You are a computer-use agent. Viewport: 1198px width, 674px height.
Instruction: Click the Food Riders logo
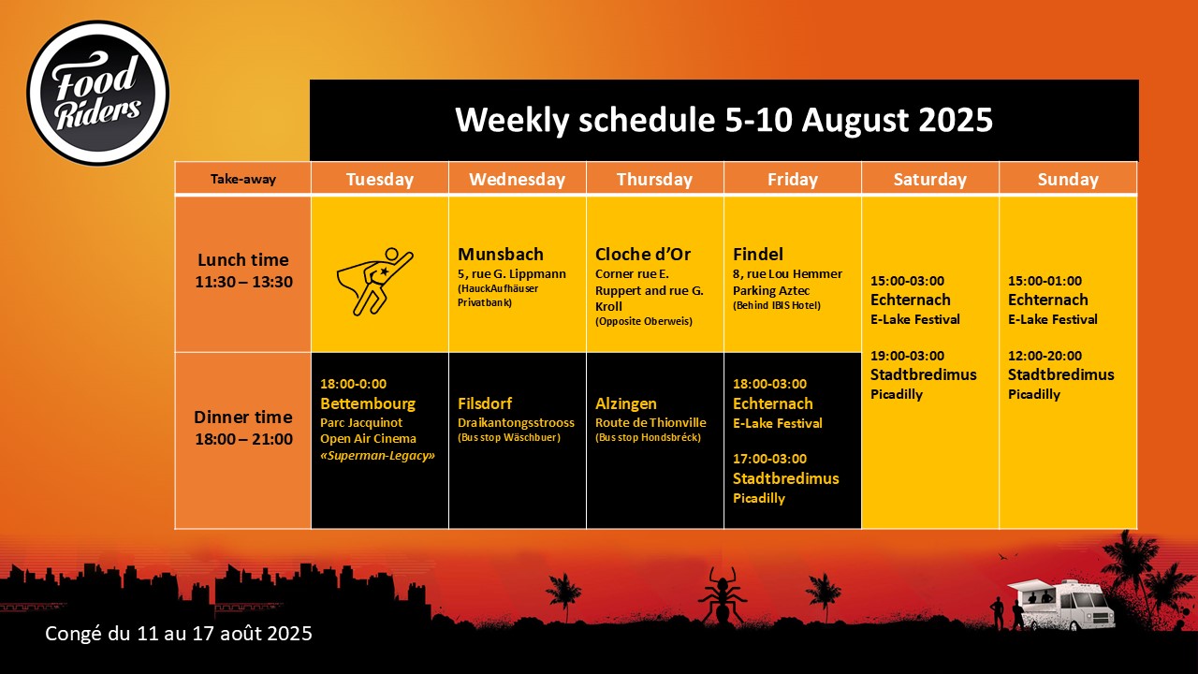(98, 93)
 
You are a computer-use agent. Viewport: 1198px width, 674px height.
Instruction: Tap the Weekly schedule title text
(723, 119)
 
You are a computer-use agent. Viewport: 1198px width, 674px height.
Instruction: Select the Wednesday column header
(518, 179)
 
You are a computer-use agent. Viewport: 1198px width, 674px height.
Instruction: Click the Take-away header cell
(242, 179)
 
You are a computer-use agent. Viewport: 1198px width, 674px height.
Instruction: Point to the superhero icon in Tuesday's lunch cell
(375, 282)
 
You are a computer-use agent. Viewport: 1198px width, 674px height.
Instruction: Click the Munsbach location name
(501, 254)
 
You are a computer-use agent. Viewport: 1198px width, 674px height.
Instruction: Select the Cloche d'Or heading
(643, 254)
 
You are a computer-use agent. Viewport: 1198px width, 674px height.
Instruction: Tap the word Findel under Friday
(758, 254)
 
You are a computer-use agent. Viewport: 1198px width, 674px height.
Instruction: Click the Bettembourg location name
(368, 403)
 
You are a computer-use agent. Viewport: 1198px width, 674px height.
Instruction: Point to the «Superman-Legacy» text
(377, 456)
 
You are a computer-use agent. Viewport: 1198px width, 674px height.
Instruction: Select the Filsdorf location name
(485, 403)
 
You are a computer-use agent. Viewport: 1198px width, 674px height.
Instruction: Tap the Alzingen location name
(626, 403)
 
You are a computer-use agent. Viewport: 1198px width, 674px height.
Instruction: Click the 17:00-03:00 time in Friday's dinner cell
(769, 459)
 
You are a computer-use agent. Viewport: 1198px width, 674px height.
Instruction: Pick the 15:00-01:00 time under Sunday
(1045, 281)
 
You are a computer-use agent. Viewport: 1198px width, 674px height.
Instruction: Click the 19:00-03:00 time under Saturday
(908, 356)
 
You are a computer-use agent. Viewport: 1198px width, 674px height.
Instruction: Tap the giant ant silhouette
(722, 595)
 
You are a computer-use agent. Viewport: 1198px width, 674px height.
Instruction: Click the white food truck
(1061, 605)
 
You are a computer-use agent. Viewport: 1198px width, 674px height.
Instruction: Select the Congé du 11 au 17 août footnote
(179, 634)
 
